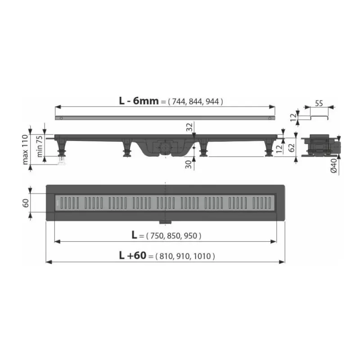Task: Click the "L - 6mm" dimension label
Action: click(139, 101)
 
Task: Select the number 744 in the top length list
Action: click(178, 102)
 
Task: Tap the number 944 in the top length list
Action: click(212, 102)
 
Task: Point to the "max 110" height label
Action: click(25, 149)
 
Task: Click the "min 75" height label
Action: click(40, 146)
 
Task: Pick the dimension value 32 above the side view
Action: click(189, 127)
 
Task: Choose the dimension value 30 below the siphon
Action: click(189, 164)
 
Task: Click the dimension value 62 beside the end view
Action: click(291, 148)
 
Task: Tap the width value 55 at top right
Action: click(319, 103)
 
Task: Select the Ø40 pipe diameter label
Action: click(334, 166)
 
